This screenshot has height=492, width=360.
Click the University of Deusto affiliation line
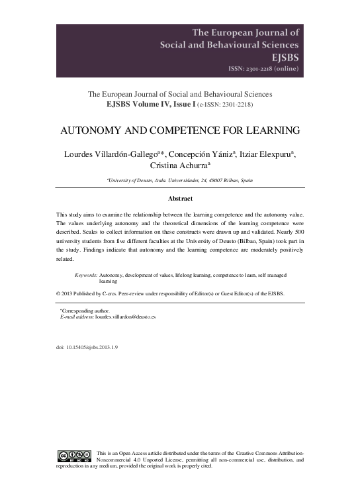(x=180, y=181)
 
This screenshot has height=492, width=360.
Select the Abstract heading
(x=180, y=199)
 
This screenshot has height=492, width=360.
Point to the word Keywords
(x=86, y=274)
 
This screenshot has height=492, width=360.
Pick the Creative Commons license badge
(x=74, y=455)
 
